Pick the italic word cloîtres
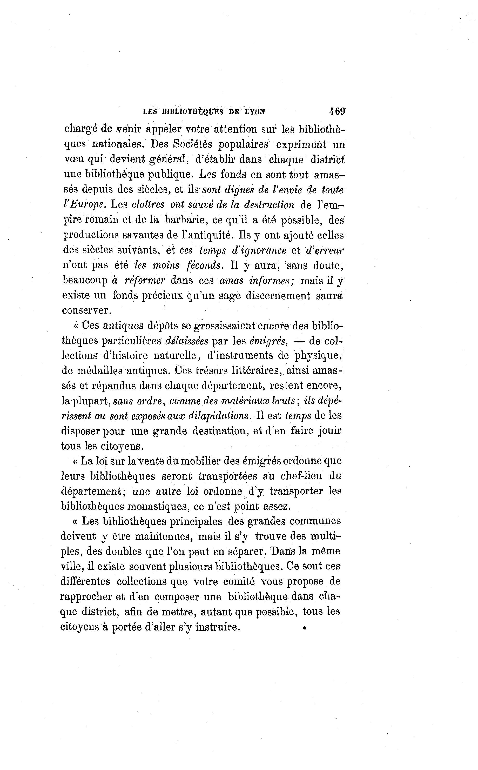tap(148, 205)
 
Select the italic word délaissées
tap(187, 341)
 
